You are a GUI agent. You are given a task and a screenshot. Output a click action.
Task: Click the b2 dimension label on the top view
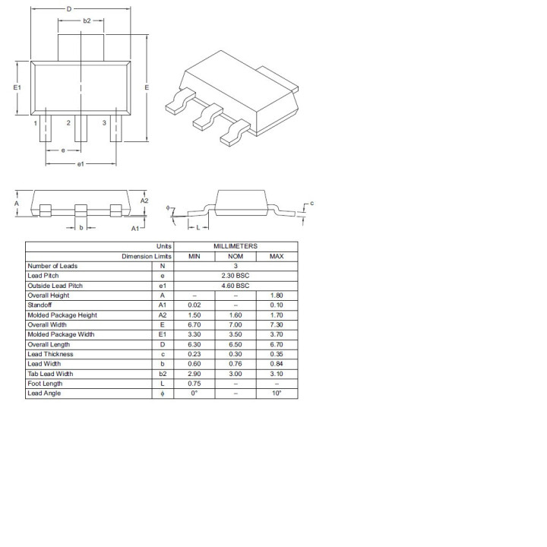pyautogui.click(x=87, y=21)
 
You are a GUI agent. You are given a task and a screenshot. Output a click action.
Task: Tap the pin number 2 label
pyautogui.click(x=68, y=122)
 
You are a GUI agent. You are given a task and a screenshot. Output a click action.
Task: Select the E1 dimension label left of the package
pyautogui.click(x=17, y=88)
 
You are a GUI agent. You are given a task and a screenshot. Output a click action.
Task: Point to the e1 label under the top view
pyautogui.click(x=81, y=163)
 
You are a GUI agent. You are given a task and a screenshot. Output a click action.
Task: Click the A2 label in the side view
pyautogui.click(x=144, y=201)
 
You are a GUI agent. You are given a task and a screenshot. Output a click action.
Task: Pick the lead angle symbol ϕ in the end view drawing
pyautogui.click(x=171, y=209)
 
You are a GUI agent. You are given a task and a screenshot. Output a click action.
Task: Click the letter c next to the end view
pyautogui.click(x=311, y=204)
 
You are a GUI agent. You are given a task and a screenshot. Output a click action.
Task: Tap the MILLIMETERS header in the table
pyautogui.click(x=236, y=246)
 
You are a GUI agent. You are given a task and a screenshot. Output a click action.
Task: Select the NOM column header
pyautogui.click(x=236, y=256)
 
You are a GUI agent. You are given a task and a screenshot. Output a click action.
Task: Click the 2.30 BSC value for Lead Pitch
pyautogui.click(x=236, y=276)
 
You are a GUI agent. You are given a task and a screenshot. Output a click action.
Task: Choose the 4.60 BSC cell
pyautogui.click(x=236, y=286)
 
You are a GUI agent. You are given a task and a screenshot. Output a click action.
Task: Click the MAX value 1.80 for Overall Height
pyautogui.click(x=277, y=296)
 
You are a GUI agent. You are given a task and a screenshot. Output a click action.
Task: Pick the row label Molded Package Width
pyautogui.click(x=61, y=334)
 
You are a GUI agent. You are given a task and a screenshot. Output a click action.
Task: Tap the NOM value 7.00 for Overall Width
pyautogui.click(x=236, y=324)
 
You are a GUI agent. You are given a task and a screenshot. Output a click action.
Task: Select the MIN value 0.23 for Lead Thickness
pyautogui.click(x=194, y=354)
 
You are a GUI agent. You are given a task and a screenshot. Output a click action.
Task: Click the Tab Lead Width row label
pyautogui.click(x=50, y=374)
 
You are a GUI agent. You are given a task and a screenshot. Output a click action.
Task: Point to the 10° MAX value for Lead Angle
pyautogui.click(x=277, y=394)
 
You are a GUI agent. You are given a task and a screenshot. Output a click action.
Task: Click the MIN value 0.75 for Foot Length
pyautogui.click(x=194, y=384)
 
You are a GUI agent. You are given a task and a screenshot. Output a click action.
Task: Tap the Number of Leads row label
pyautogui.click(x=52, y=266)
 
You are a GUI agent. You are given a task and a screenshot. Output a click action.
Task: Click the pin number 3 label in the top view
pyautogui.click(x=104, y=122)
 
